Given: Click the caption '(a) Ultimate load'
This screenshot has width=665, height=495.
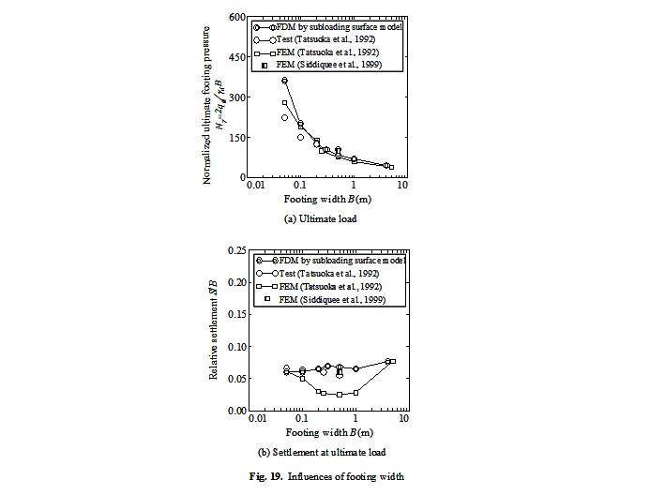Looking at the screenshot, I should (322, 217).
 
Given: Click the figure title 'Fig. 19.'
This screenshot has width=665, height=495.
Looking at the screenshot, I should (280, 477).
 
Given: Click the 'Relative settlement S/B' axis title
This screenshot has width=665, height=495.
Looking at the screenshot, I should (214, 330).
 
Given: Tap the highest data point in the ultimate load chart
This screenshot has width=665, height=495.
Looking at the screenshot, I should (285, 81).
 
